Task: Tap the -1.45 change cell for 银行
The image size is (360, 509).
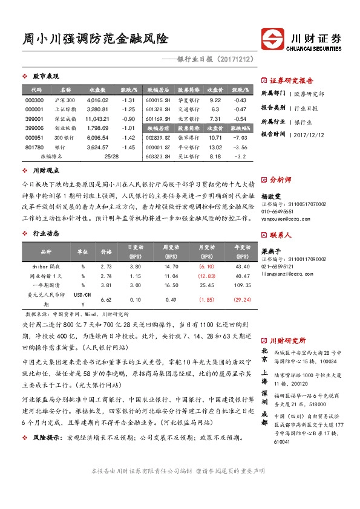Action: coord(128,147)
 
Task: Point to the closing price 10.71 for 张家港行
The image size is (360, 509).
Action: coord(215,138)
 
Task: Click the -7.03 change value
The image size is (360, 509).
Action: coord(240,138)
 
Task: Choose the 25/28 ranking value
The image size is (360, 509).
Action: coord(111,156)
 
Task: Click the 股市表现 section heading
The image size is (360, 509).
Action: coord(45,76)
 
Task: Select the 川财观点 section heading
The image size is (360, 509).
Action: coord(45,171)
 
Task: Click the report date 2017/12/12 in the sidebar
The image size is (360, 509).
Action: coord(309,135)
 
